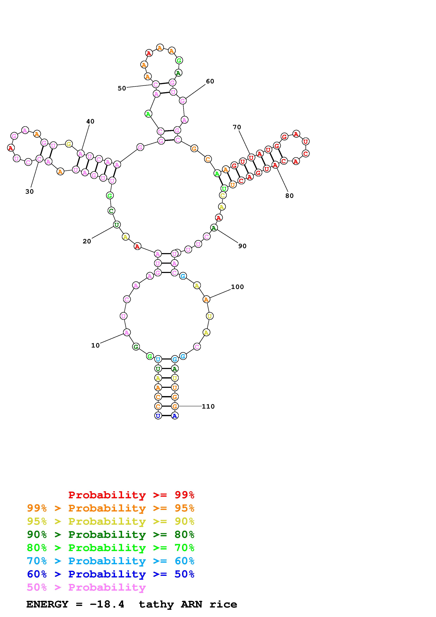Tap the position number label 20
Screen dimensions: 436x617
pyautogui.click(x=87, y=241)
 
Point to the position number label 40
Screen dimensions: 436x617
pyautogui.click(x=90, y=122)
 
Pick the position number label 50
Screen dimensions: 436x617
pyautogui.click(x=122, y=88)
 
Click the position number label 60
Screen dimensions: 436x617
pyautogui.click(x=210, y=81)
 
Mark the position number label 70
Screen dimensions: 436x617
pyautogui.click(x=237, y=127)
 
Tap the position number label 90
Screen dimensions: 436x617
pyautogui.click(x=242, y=246)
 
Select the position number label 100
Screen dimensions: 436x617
pyautogui.click(x=237, y=287)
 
